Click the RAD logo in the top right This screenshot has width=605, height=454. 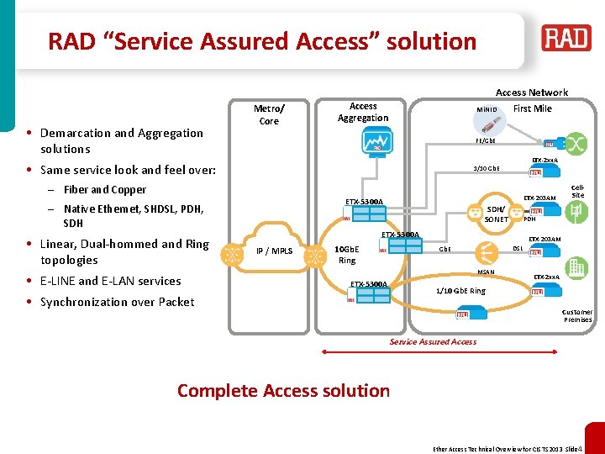click(x=566, y=38)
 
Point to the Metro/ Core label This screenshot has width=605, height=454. click(x=269, y=114)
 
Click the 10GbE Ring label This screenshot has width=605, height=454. click(x=347, y=255)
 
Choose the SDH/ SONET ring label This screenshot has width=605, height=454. click(x=496, y=214)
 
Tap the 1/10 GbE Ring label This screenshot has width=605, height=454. click(x=460, y=290)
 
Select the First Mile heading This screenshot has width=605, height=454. click(x=532, y=108)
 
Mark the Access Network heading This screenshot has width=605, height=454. click(x=531, y=92)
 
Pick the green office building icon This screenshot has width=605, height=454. click(x=576, y=268)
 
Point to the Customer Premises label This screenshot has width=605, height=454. click(x=577, y=315)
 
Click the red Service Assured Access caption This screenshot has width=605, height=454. click(x=433, y=341)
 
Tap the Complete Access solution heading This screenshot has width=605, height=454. click(x=283, y=390)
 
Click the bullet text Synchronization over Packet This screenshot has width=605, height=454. click(x=117, y=302)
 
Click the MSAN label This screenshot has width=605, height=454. click(x=487, y=272)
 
